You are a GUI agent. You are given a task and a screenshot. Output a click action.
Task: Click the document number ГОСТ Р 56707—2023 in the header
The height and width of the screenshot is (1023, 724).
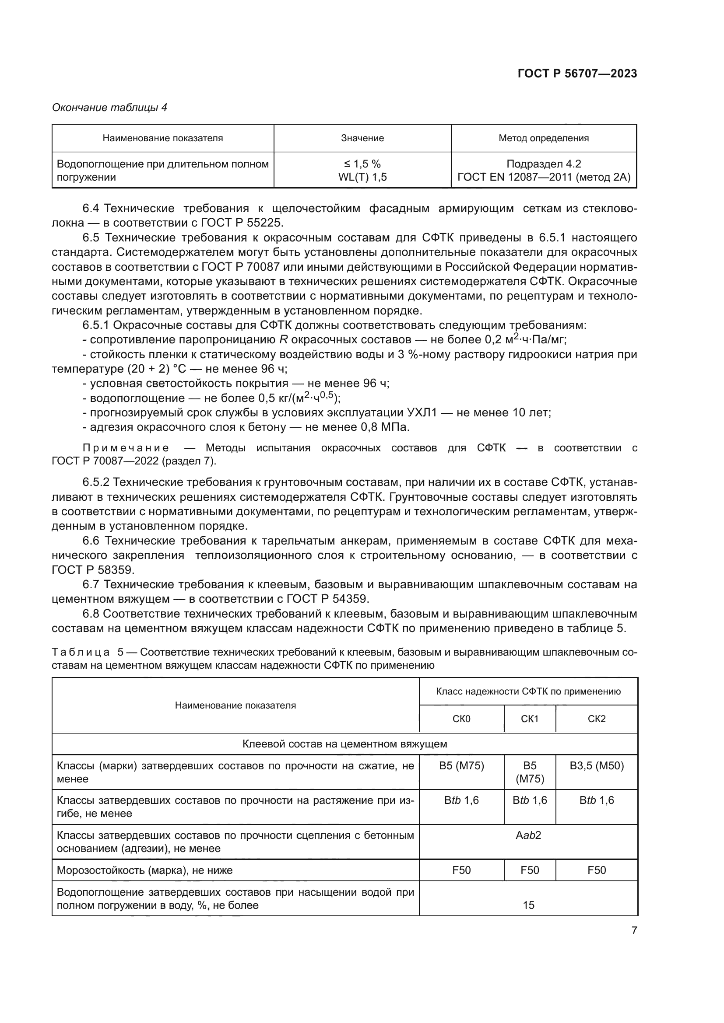tap(577, 74)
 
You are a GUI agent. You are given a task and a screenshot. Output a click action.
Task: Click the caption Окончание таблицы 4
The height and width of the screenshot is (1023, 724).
tap(110, 108)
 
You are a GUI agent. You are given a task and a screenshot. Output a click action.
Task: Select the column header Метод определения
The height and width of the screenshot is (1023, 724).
tap(544, 138)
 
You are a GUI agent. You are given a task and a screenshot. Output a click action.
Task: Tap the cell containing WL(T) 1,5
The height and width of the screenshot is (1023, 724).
tap(362, 177)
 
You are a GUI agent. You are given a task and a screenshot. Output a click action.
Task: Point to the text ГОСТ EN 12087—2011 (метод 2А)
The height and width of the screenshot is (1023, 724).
tap(544, 177)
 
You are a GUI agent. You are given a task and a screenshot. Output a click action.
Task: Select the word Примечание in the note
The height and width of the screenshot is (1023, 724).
tap(126, 448)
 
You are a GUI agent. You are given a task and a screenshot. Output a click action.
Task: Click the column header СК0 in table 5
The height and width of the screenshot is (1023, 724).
tap(461, 719)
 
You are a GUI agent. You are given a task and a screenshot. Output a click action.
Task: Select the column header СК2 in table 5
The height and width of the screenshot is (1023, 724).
tap(597, 719)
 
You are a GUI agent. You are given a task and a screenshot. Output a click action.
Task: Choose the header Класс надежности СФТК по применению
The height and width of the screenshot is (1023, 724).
tap(528, 691)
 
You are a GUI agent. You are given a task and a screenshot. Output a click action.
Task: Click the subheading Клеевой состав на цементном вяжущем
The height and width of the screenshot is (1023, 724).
tap(344, 744)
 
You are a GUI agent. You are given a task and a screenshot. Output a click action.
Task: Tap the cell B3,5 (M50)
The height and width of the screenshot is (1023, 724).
tap(597, 766)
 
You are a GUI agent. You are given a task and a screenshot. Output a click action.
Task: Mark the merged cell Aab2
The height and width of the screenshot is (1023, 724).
tap(528, 835)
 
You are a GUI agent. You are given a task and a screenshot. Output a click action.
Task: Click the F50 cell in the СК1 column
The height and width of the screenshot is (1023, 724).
tap(530, 870)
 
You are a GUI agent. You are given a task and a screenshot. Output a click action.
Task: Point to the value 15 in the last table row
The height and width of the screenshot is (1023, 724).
tap(528, 905)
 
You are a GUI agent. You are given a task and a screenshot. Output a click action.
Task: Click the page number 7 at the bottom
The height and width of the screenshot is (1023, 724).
tap(634, 931)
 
